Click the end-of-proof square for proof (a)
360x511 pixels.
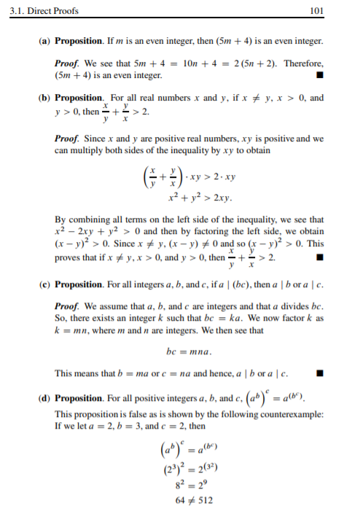[x=318, y=74]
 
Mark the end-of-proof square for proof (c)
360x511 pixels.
[x=318, y=375]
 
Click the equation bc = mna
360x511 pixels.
[x=189, y=352]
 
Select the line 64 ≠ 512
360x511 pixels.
[x=189, y=502]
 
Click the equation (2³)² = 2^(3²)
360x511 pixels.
[x=188, y=465]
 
